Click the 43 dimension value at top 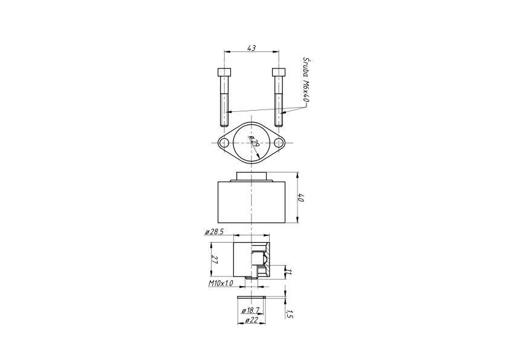click(x=251, y=48)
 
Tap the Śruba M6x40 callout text click(x=305, y=80)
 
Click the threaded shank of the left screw click(x=224, y=110)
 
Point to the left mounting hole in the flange click(x=224, y=143)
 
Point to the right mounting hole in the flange click(x=279, y=143)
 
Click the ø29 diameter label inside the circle click(x=254, y=142)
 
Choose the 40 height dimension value click(x=301, y=198)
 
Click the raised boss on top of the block click(x=251, y=176)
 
